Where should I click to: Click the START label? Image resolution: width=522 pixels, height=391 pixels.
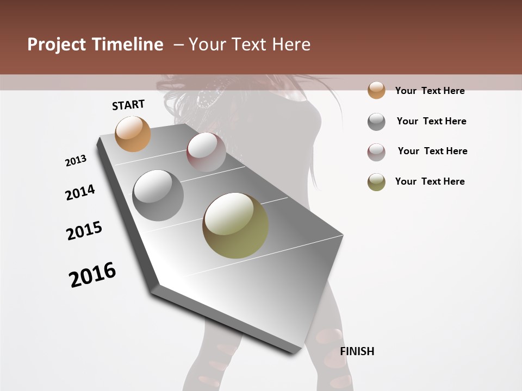pyautogui.click(x=128, y=105)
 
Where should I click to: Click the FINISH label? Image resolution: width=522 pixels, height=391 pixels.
pyautogui.click(x=357, y=351)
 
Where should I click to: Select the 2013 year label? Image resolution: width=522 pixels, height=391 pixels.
pyautogui.click(x=76, y=161)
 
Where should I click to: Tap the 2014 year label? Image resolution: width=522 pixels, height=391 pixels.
pyautogui.click(x=80, y=192)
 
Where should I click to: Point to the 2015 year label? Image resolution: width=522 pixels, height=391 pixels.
pyautogui.click(x=84, y=231)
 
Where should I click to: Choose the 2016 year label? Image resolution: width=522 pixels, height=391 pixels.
pyautogui.click(x=92, y=274)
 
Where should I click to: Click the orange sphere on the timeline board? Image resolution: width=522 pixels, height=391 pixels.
pyautogui.click(x=133, y=134)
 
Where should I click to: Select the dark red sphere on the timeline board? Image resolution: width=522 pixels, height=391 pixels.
pyautogui.click(x=206, y=152)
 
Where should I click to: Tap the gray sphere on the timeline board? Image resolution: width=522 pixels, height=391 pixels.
pyautogui.click(x=158, y=195)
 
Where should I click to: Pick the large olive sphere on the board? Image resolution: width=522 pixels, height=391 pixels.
pyautogui.click(x=235, y=225)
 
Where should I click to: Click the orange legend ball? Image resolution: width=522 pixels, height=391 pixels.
pyautogui.click(x=376, y=90)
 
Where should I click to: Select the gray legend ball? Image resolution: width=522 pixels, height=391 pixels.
pyautogui.click(x=376, y=122)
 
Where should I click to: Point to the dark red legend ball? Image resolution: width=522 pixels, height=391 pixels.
pyautogui.click(x=376, y=152)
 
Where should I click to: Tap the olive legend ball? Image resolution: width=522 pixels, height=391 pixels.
pyautogui.click(x=376, y=182)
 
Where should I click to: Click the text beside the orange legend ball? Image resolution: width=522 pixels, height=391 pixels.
pyautogui.click(x=430, y=91)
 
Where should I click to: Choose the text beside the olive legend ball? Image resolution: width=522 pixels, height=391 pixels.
pyautogui.click(x=430, y=181)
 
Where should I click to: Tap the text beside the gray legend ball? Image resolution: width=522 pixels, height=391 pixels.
pyautogui.click(x=431, y=121)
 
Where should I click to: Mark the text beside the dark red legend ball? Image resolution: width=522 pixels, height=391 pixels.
pyautogui.click(x=432, y=151)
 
